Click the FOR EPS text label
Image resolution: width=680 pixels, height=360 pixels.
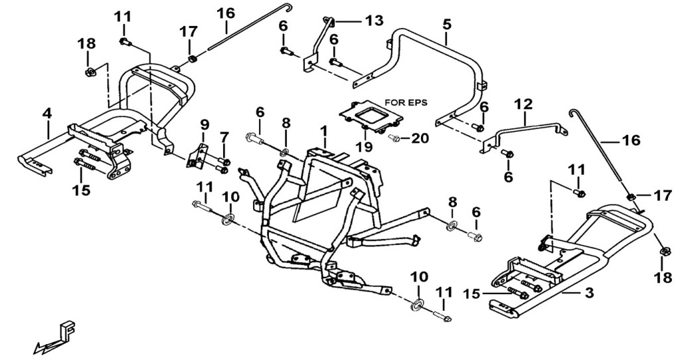click(406, 103)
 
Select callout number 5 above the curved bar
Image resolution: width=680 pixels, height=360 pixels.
click(446, 25)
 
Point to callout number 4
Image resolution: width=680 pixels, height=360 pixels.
click(47, 114)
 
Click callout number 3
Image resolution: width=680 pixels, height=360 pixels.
click(588, 293)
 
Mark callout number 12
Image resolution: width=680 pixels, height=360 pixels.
click(523, 104)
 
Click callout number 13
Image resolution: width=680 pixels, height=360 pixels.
click(374, 21)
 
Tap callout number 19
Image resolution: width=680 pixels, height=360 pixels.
click(365, 147)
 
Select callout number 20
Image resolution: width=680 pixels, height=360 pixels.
click(420, 138)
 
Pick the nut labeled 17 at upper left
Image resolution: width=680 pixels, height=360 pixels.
click(191, 58)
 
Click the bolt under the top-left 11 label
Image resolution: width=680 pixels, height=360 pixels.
click(125, 42)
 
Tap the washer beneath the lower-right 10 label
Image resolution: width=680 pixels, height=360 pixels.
click(417, 304)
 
